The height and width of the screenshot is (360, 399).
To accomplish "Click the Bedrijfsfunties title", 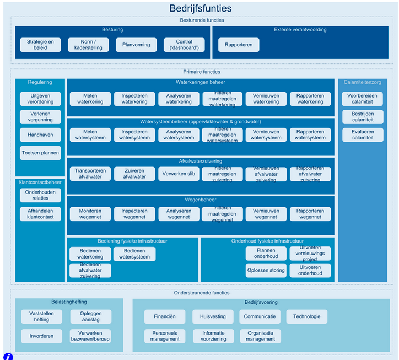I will [200, 8].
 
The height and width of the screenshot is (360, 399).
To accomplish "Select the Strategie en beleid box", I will [40, 45].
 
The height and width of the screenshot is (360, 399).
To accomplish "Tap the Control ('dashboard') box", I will [184, 45].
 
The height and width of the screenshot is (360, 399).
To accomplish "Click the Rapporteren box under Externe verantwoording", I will [239, 45].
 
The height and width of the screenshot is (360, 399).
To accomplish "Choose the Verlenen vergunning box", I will [40, 117].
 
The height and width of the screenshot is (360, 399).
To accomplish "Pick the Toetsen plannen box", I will [40, 153].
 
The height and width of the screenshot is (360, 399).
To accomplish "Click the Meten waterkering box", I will [90, 99].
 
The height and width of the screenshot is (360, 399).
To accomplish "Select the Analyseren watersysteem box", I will [179, 135].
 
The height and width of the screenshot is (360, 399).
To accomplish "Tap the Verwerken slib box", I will [179, 174].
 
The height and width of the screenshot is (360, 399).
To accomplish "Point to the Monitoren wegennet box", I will [90, 214].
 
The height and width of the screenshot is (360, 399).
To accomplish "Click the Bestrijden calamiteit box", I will [363, 117].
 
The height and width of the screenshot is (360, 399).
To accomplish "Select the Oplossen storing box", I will [266, 270].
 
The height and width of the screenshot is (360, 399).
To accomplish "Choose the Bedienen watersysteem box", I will [134, 254].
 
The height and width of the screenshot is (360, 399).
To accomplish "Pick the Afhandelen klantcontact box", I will [40, 214].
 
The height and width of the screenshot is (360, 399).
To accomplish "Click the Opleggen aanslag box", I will [90, 316].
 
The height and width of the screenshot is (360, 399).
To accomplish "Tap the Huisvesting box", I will [213, 316].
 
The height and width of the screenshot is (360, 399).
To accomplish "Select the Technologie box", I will [306, 316].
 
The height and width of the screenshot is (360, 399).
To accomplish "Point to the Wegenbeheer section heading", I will [201, 200].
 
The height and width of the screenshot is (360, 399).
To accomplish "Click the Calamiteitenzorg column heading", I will [363, 83].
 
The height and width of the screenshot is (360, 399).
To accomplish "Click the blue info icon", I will [8, 356].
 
